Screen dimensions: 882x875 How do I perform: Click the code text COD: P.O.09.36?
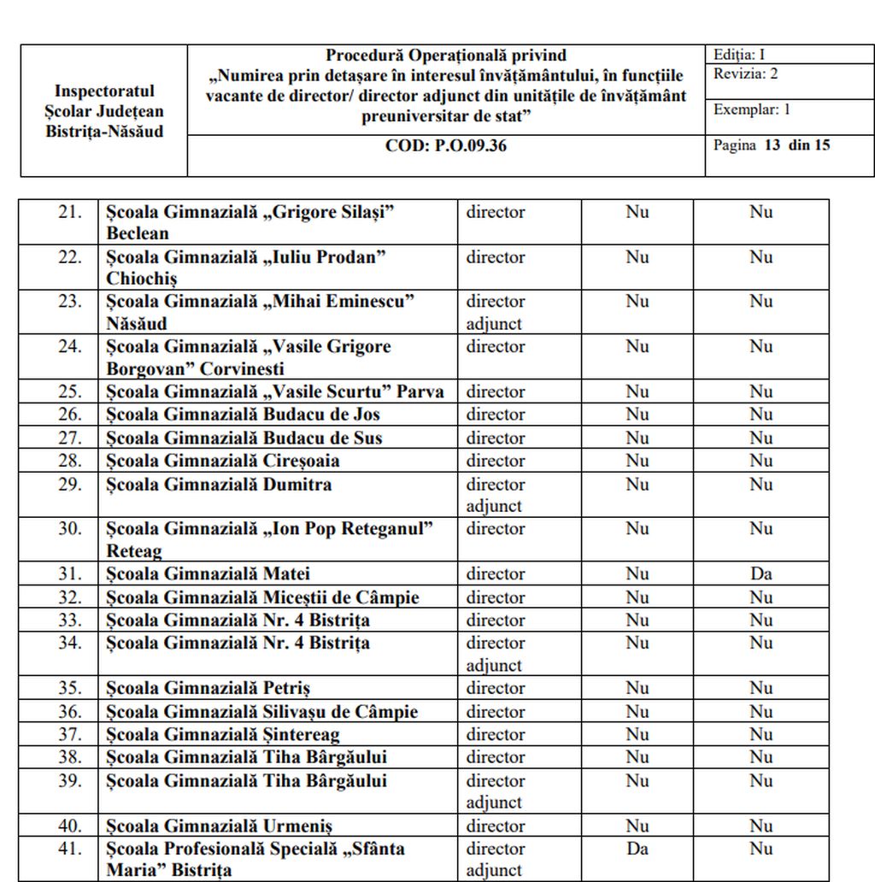(x=445, y=145)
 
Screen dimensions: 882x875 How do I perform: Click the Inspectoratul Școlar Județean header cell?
(x=104, y=111)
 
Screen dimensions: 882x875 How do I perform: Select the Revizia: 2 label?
(x=746, y=73)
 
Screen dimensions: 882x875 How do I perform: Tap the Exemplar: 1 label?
(x=752, y=109)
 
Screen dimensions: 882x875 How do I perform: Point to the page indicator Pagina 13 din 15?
(x=772, y=145)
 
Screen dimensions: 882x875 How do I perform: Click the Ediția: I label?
(x=739, y=55)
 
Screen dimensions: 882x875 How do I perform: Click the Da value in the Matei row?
(x=760, y=574)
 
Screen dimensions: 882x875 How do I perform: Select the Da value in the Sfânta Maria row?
(x=637, y=849)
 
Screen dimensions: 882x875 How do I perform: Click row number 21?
(x=70, y=212)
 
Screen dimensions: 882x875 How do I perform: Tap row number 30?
(x=70, y=529)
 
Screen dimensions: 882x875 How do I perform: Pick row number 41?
(x=70, y=849)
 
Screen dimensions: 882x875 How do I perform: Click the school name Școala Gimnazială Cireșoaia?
(x=223, y=462)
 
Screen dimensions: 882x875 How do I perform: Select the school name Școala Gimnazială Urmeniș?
(x=220, y=826)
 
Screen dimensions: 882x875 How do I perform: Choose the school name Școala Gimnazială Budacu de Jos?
(x=244, y=415)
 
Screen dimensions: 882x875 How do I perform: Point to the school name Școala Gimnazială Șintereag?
(x=223, y=735)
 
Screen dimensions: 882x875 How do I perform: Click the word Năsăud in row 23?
(x=137, y=324)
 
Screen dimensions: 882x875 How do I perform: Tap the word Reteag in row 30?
(x=134, y=551)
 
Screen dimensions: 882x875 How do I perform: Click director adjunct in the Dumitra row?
(x=495, y=495)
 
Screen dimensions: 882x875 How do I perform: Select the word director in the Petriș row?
(x=495, y=689)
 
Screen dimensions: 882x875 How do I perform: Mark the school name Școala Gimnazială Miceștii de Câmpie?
(x=262, y=597)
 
